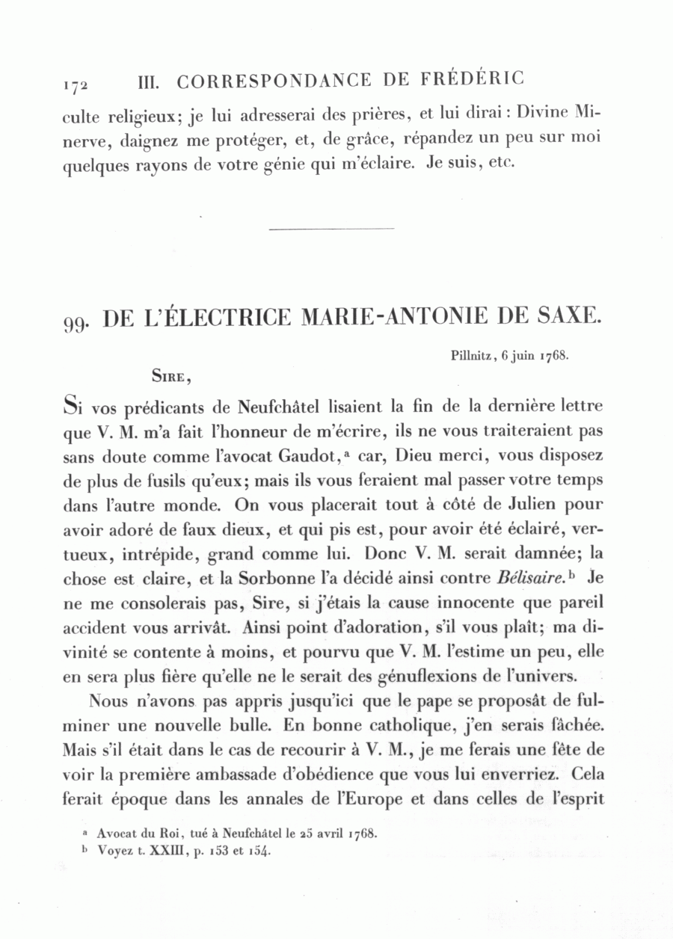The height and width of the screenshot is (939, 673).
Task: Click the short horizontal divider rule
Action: (331, 229)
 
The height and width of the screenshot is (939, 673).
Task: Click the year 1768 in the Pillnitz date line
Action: (556, 357)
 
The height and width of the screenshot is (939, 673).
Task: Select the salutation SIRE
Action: (170, 377)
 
